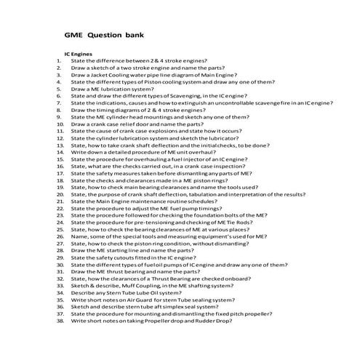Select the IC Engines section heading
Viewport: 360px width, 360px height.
[78, 53]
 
